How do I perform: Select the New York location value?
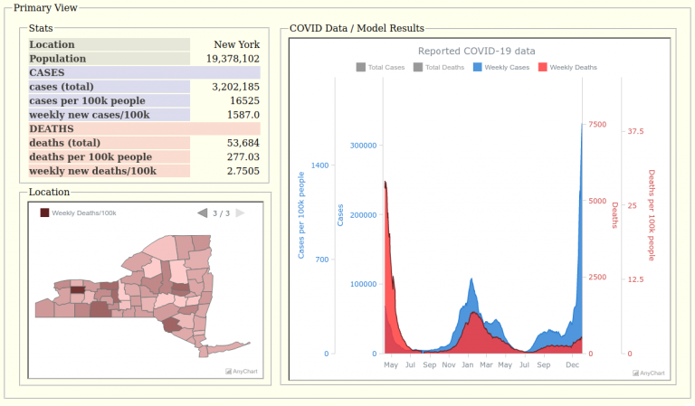236,44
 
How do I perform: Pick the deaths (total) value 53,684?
237,143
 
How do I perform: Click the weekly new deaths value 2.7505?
240,171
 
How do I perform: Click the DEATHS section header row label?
52,129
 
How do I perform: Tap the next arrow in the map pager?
240,213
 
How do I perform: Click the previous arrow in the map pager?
203,213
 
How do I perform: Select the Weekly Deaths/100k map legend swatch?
44,213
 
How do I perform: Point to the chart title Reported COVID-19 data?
489,51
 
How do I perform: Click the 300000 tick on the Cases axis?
362,146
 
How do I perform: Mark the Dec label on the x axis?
572,364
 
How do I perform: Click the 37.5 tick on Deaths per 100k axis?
635,131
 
